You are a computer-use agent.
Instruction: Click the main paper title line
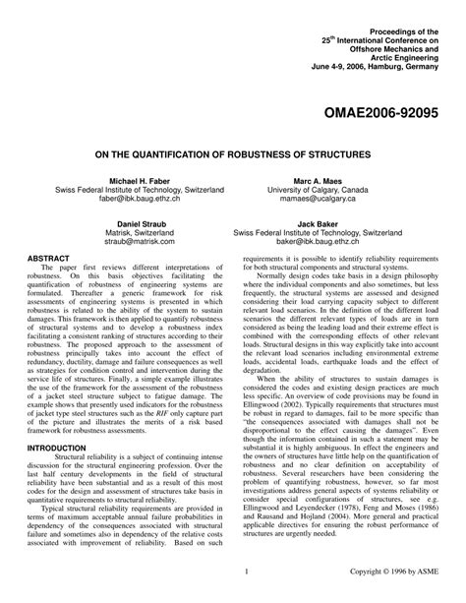(x=233, y=155)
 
